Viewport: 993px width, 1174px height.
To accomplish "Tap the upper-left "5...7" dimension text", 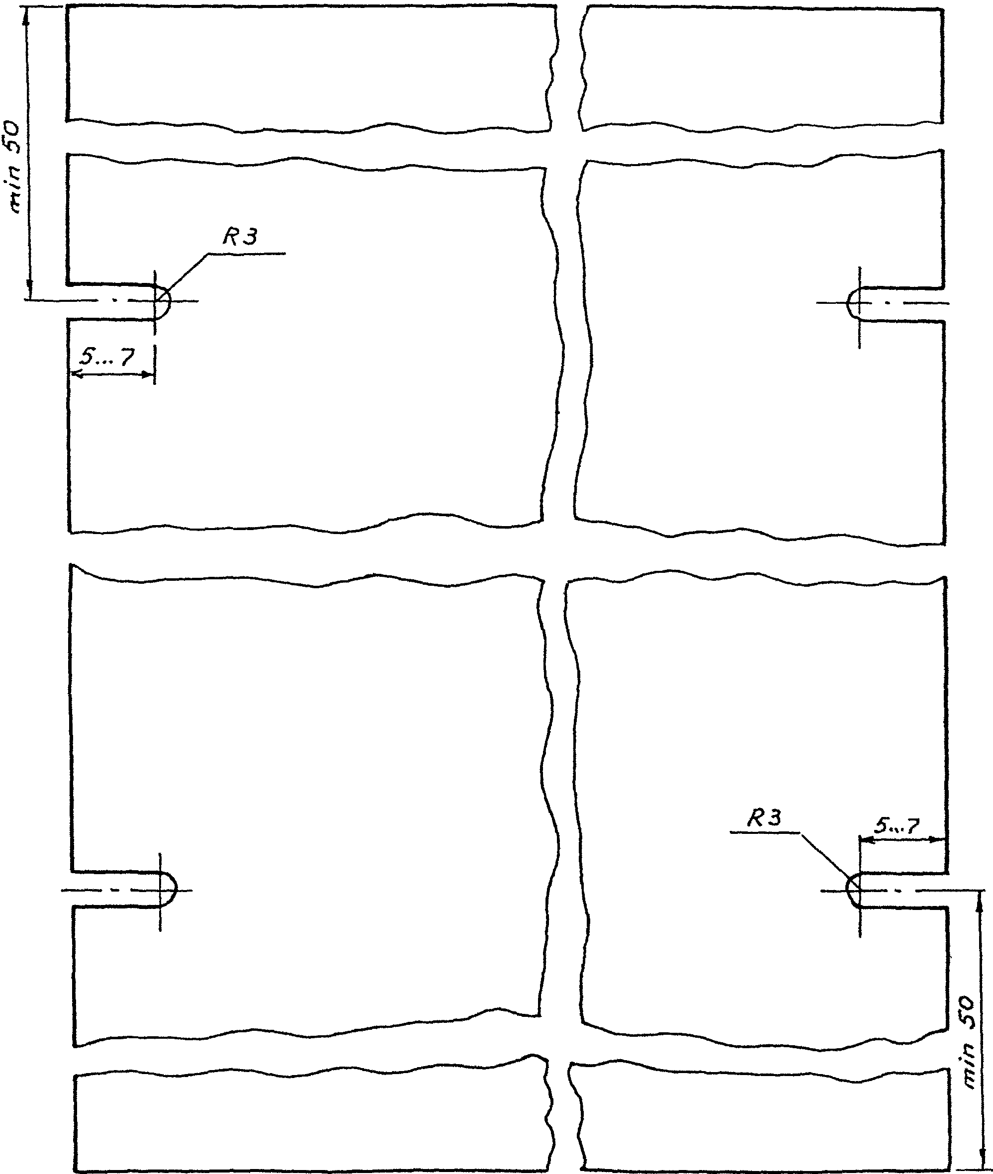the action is [x=106, y=356].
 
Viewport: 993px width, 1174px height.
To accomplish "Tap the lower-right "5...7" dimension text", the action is [x=897, y=825].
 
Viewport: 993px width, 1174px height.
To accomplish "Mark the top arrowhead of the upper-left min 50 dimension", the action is [x=26, y=15].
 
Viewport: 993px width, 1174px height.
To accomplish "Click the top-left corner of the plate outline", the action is [x=67, y=6].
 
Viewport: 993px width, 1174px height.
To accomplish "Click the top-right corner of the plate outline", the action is [x=943, y=8].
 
